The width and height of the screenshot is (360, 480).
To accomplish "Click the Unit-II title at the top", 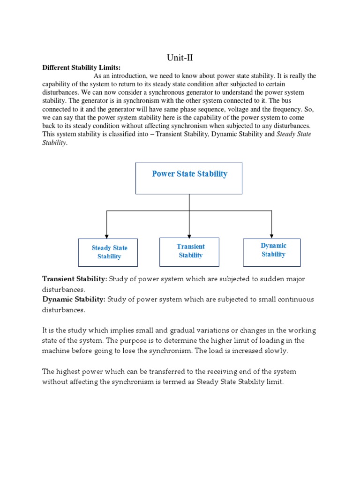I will (180, 58).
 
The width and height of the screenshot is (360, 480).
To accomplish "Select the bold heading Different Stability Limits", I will (82, 67).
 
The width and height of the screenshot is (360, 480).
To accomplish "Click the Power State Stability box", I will (189, 178).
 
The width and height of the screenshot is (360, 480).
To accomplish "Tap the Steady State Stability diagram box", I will (108, 252).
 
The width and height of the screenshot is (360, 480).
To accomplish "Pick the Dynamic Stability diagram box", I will (272, 251).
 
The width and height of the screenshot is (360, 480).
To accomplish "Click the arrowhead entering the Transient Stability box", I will (189, 235).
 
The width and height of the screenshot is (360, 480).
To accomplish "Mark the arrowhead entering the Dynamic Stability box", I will (272, 235).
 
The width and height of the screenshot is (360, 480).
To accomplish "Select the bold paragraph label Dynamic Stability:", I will (74, 300).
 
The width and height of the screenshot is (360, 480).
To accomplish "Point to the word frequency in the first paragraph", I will (284, 109).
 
